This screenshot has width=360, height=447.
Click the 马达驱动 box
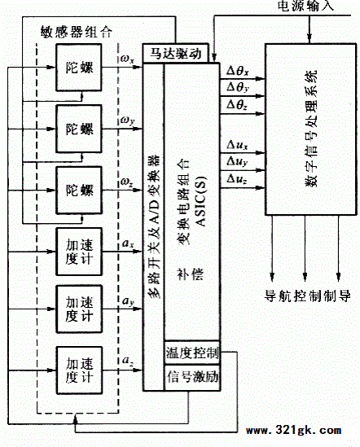(176, 53)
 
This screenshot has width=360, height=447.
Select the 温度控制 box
(192, 353)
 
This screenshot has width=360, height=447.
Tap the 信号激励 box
(192, 378)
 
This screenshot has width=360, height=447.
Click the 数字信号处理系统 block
(310, 129)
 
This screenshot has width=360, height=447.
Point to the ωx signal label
(127, 59)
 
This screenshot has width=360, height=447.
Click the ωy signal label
(127, 120)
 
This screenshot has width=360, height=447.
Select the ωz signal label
(127, 182)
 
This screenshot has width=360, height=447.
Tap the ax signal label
(128, 243)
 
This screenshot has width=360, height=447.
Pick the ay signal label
(128, 301)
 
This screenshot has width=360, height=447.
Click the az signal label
(128, 361)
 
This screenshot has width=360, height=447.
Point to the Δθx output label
(238, 70)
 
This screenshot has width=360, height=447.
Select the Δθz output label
(237, 105)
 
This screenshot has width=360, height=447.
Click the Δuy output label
(237, 162)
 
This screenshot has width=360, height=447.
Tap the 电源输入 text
(305, 6)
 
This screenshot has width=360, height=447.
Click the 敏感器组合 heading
(77, 32)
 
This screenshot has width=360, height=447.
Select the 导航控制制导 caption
(308, 296)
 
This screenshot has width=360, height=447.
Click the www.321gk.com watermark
(294, 430)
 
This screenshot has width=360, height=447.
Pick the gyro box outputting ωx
(79, 68)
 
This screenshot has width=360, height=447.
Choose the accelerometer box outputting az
(79, 370)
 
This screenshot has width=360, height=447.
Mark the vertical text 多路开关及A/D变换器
(155, 226)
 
